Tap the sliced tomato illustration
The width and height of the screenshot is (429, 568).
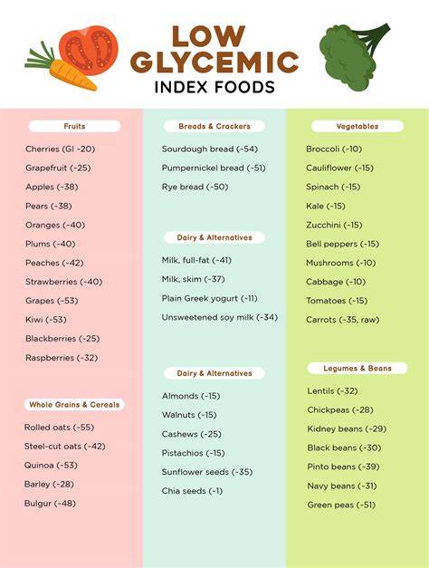90,50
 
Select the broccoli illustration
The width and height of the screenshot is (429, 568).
350,55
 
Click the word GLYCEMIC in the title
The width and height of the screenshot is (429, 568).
214,62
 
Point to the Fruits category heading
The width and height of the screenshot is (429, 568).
74,126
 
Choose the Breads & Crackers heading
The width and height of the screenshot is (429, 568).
214,126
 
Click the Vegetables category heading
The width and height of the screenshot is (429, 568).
357,126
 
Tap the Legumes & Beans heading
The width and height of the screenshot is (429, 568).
357,368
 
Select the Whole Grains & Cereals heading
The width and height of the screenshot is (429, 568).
74,404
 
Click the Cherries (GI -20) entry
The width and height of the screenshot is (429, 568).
60,149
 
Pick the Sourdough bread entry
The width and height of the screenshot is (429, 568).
210,149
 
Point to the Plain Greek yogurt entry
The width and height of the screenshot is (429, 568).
210,298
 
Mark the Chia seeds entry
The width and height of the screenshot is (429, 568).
192,491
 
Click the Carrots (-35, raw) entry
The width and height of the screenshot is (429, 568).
342,320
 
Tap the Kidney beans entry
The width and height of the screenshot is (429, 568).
347,428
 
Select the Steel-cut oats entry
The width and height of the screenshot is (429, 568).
65,447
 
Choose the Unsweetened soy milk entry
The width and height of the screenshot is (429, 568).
220,317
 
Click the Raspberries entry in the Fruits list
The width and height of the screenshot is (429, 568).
62,358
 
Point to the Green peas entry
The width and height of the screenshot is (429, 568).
341,505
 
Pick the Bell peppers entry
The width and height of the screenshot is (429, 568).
342,244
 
